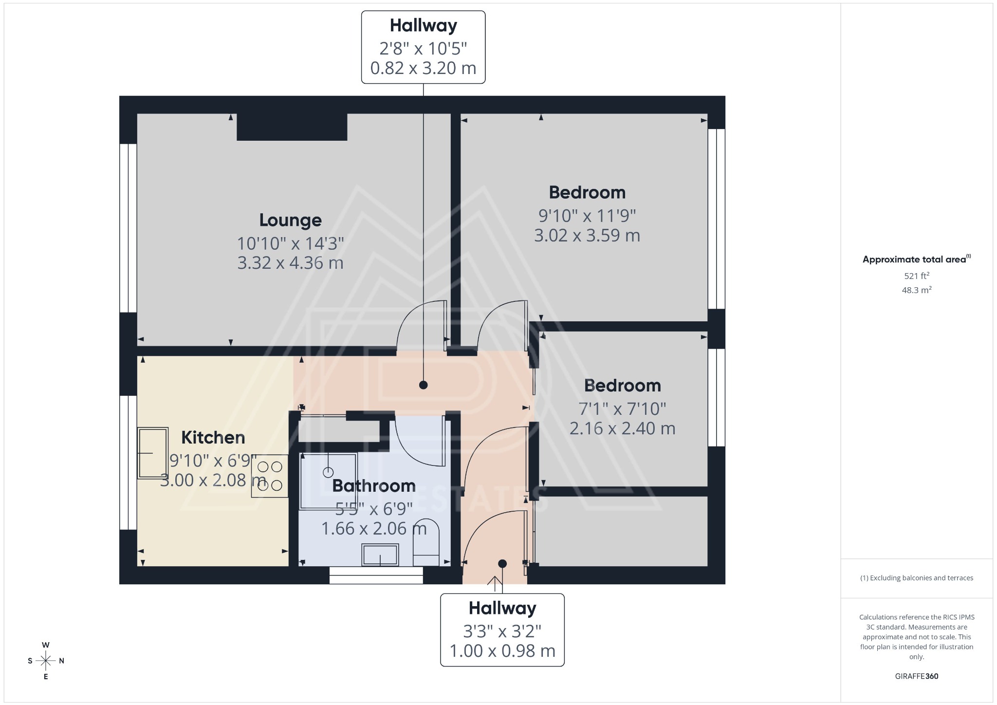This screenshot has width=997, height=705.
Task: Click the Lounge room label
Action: coord(290,220)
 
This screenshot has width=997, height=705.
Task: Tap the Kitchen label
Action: coord(213,437)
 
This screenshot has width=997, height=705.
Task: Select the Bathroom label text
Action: coord(374,485)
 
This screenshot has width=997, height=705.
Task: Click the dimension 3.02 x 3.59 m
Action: coord(587,236)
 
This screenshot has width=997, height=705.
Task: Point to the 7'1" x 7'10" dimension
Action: coord(622,408)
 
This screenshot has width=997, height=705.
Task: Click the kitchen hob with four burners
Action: coord(270,476)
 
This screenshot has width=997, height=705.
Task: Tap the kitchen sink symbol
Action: coord(153,453)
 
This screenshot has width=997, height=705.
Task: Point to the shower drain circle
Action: coord(328,472)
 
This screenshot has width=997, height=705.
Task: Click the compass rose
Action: coord(46,661)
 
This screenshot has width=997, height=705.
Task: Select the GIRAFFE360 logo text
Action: coord(916,676)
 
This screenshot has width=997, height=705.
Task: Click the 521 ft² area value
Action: coord(917,276)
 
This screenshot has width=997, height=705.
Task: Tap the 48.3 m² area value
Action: coord(917,290)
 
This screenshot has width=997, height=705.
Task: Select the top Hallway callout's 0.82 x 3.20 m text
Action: coord(423,68)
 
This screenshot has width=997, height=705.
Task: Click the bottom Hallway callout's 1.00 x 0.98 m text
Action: coord(502,651)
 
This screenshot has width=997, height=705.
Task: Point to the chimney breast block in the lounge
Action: coord(292,127)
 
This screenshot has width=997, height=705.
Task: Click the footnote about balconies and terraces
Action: coord(916,578)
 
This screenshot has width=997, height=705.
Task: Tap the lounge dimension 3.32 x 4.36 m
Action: coord(290,263)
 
